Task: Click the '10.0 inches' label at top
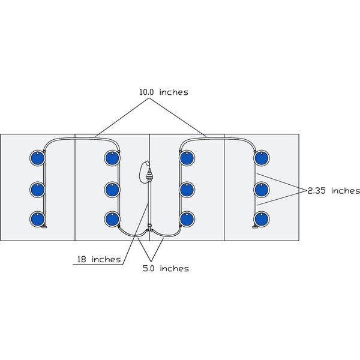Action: point(163,92)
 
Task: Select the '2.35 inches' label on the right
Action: point(334,191)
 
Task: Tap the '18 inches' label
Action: point(98,260)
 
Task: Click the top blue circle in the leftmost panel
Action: point(37,158)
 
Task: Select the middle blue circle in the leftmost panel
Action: point(37,190)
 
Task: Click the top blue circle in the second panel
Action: point(112,158)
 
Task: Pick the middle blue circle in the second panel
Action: point(112,190)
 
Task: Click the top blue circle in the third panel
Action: point(187,158)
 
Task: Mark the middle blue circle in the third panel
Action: point(187,190)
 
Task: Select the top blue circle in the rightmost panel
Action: point(261,158)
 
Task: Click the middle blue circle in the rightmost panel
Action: point(261,190)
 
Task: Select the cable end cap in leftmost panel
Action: point(45,227)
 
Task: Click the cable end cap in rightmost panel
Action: point(254,227)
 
